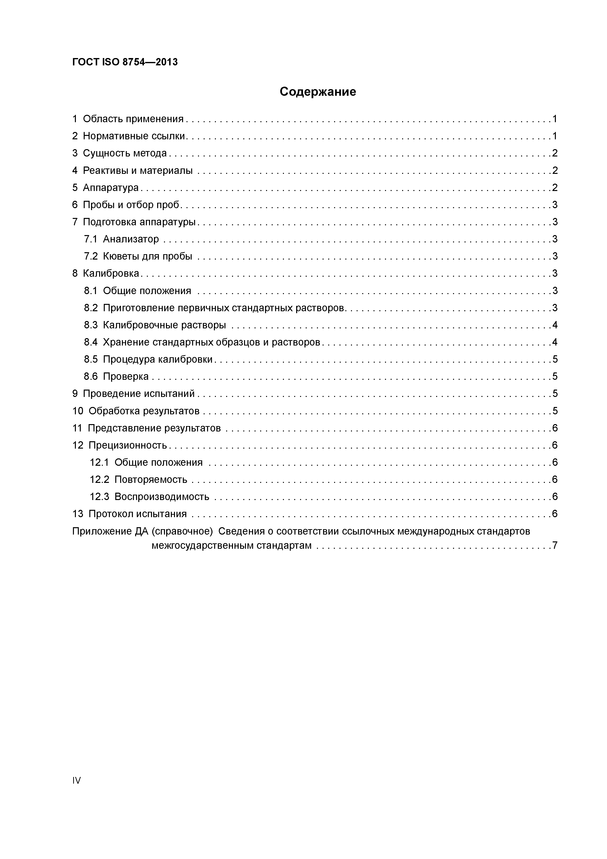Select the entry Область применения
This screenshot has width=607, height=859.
click(x=133, y=119)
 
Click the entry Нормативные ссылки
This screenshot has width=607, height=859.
click(x=134, y=136)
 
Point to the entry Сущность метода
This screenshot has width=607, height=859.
click(x=125, y=153)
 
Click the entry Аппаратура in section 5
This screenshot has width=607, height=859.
click(x=111, y=187)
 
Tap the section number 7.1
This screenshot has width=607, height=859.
click(x=91, y=239)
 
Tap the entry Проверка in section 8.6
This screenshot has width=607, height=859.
click(x=126, y=376)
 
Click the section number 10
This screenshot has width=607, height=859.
click(x=78, y=411)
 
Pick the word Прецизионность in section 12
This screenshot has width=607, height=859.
click(x=128, y=445)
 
